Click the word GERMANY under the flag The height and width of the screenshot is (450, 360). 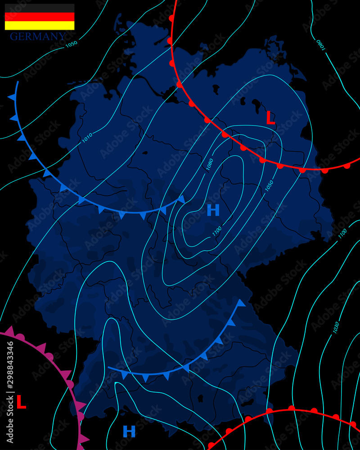point(38,36)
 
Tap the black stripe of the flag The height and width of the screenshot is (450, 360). point(40,8)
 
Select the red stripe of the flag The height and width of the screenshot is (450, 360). point(40,17)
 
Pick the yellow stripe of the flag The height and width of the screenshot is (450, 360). point(40,26)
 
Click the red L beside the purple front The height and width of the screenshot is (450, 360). point(21,402)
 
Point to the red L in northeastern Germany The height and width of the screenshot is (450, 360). point(270,118)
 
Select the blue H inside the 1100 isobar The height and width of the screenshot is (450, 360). point(213,210)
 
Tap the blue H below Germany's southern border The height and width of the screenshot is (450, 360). point(129,432)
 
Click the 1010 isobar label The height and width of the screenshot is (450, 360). point(87,138)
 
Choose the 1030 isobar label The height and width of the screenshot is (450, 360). point(336,327)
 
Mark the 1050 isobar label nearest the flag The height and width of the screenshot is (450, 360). point(71,44)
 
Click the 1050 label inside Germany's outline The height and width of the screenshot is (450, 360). point(269,186)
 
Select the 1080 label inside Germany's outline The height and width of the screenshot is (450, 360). point(209,164)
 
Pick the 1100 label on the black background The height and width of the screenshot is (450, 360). point(342,233)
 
